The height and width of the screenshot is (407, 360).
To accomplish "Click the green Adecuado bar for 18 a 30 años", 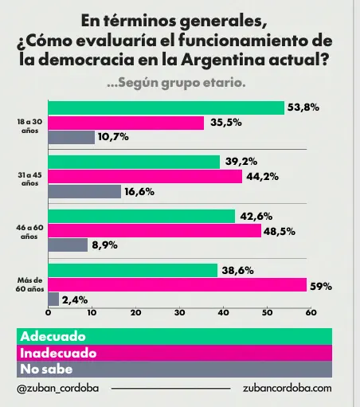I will pos(166,108).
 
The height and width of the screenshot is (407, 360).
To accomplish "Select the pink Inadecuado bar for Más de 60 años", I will pos(178,285).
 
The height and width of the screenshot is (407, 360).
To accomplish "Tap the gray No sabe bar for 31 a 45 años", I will pos(84,191).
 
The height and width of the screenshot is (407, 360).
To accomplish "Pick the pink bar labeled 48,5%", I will pos(155,230).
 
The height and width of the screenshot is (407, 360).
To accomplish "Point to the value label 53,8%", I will pos(303,108).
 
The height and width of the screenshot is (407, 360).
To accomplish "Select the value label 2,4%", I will pos(75,300).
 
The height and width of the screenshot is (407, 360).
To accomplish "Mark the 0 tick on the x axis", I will pos(49,314).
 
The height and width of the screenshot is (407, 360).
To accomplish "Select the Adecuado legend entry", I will pos(53,336).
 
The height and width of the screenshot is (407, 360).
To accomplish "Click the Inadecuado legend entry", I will pos(58,353).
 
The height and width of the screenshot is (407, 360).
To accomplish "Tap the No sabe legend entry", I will pos(47,370).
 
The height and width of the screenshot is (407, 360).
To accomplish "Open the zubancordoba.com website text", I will pos(286,388).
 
